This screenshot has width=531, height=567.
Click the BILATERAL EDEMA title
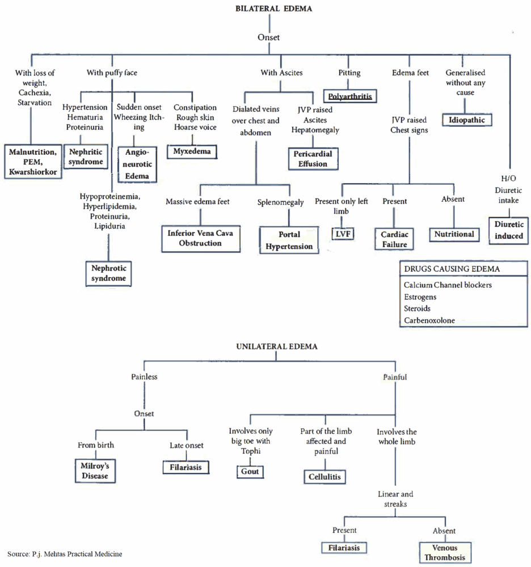click(273, 9)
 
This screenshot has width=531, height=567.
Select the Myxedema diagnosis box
click(192, 151)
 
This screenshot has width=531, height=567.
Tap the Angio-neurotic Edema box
click(137, 164)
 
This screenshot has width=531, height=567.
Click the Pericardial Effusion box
click(313, 159)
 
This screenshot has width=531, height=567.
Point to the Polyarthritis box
click(350, 96)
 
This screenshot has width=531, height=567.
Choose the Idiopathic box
click(467, 120)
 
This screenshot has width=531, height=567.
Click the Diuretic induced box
click(508, 230)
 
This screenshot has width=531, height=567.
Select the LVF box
click(343, 234)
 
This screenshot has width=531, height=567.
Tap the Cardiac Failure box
click(394, 239)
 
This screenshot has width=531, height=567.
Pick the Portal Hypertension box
click(289, 240)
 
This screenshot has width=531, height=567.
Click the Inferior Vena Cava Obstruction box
click(201, 238)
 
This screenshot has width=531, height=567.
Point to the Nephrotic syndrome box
click(108, 273)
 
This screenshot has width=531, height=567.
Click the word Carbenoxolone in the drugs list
click(429, 320)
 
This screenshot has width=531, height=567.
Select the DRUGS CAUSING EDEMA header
click(452, 269)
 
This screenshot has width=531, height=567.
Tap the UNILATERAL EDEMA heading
click(277, 346)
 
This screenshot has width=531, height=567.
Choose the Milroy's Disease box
click(95, 471)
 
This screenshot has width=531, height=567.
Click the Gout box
click(250, 472)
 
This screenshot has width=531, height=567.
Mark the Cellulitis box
click(325, 477)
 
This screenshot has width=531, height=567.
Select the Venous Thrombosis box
click(445, 552)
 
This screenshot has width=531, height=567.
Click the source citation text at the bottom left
click(65, 554)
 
